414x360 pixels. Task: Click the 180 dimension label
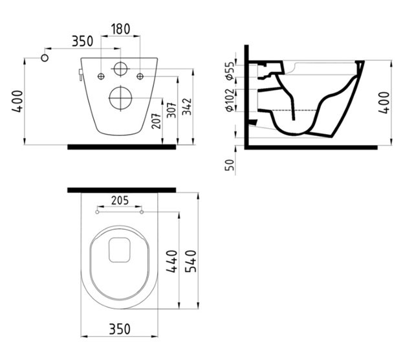[x=120, y=29]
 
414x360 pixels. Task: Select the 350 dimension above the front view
[x=83, y=41]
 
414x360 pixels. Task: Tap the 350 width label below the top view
[x=120, y=329]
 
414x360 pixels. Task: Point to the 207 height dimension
[x=157, y=121]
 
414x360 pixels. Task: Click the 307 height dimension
[x=172, y=110]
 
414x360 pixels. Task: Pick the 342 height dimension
[x=187, y=107]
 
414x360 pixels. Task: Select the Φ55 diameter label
[x=230, y=71]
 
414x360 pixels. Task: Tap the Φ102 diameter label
[x=230, y=100]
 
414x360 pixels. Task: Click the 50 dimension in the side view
[x=230, y=164]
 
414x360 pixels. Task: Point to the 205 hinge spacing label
[x=120, y=200]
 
